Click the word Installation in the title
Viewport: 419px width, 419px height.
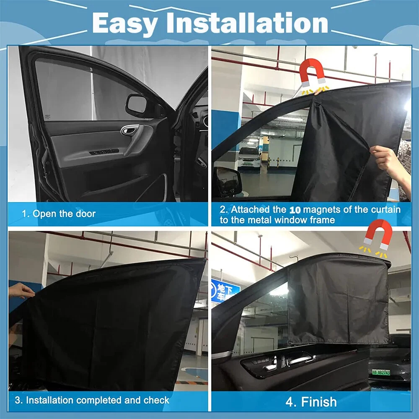coord(247,23)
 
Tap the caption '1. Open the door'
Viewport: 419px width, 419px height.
coord(59,214)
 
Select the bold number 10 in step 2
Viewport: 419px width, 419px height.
coord(295,210)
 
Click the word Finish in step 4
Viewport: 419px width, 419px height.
coord(319,402)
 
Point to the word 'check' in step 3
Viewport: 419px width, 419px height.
coord(156,400)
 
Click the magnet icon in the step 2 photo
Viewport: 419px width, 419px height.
coord(312,71)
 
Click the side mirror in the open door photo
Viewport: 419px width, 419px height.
coord(137,104)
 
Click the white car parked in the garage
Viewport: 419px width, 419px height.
coord(249,158)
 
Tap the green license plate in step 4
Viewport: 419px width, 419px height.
coord(381,372)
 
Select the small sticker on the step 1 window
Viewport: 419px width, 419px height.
coord(47,117)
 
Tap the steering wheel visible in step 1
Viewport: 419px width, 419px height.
coord(202,161)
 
